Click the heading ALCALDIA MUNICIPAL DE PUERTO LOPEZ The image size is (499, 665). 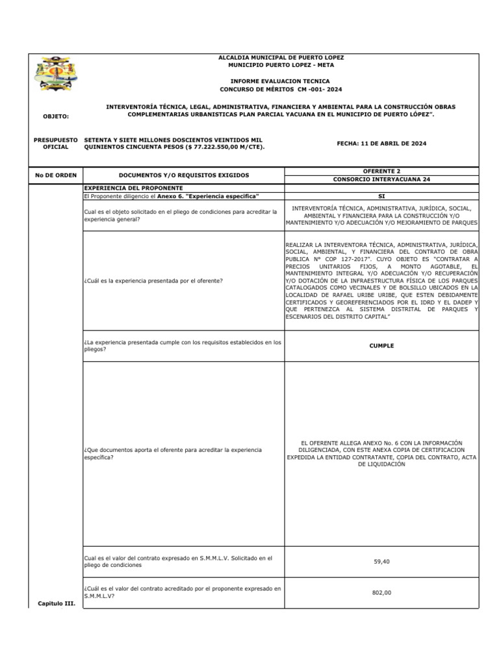(x=281, y=58)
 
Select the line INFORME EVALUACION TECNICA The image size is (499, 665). (x=281, y=81)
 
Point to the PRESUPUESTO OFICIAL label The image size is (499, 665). (x=55, y=144)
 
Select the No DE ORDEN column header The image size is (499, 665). (x=55, y=175)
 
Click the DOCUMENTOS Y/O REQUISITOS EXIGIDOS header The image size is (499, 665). (x=184, y=175)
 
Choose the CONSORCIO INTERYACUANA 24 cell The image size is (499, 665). (x=381, y=179)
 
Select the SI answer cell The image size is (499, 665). (x=381, y=196)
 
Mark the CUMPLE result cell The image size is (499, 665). (x=381, y=346)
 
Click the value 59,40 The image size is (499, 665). (x=381, y=562)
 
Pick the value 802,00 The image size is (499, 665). (x=381, y=592)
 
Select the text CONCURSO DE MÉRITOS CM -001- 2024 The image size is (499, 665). (x=281, y=89)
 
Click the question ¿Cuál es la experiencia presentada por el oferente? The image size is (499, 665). (x=153, y=281)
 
